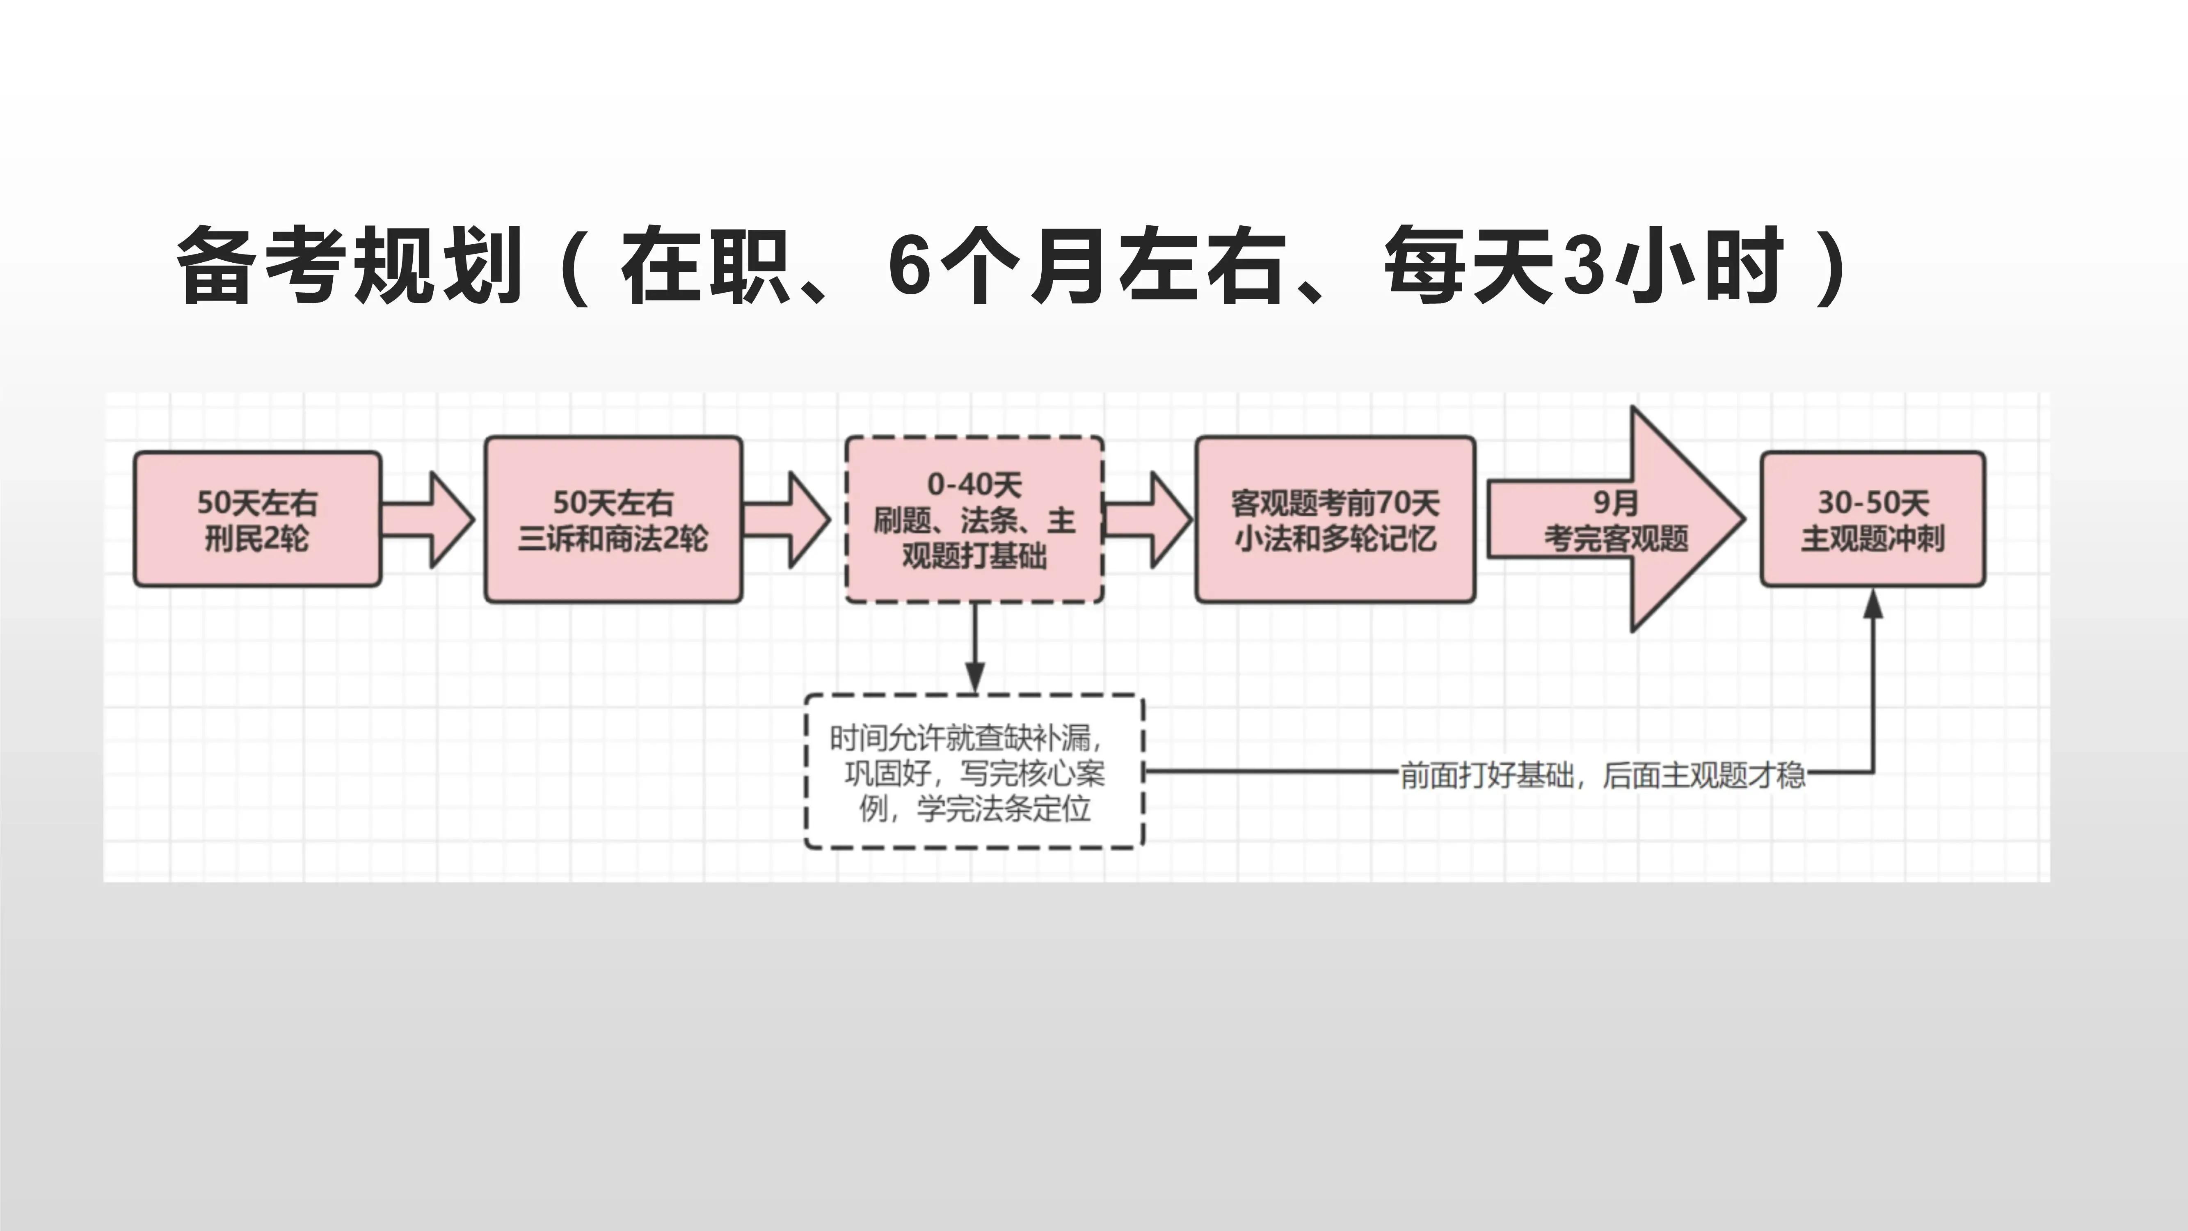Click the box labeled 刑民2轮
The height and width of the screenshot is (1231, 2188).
click(256, 519)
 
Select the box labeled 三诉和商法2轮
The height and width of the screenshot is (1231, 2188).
click(613, 519)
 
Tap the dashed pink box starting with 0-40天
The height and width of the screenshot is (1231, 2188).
click(974, 519)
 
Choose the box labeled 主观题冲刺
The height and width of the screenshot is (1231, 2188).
click(1872, 519)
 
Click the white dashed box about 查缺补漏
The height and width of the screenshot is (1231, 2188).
click(974, 771)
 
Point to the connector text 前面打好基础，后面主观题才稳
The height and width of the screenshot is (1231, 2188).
click(1602, 774)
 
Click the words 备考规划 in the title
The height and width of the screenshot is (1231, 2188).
click(348, 265)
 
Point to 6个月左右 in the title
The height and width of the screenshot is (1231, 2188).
click(1087, 265)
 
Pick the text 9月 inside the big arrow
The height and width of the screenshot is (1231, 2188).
click(1614, 502)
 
